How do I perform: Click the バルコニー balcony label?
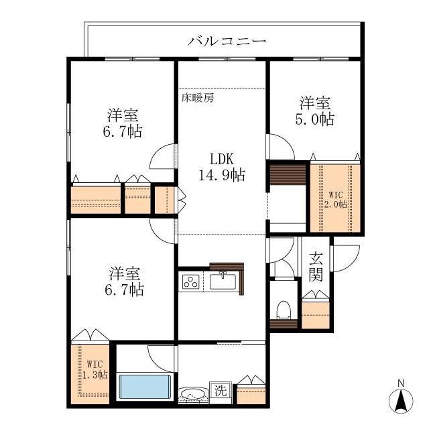click(227, 42)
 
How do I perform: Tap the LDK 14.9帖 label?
click(222, 167)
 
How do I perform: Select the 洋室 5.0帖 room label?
click(315, 111)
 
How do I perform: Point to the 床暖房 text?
click(198, 98)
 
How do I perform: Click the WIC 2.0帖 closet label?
click(336, 200)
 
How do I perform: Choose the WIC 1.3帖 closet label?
click(95, 369)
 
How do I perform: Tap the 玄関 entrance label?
click(316, 267)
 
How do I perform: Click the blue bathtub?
click(145, 387)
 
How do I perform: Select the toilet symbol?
click(284, 310)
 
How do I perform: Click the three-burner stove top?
click(190, 282)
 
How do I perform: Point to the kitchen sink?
click(223, 282)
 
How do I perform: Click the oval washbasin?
click(192, 395)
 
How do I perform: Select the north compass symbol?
click(401, 402)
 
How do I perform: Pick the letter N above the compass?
click(401, 383)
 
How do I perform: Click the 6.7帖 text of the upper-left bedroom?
click(123, 131)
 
